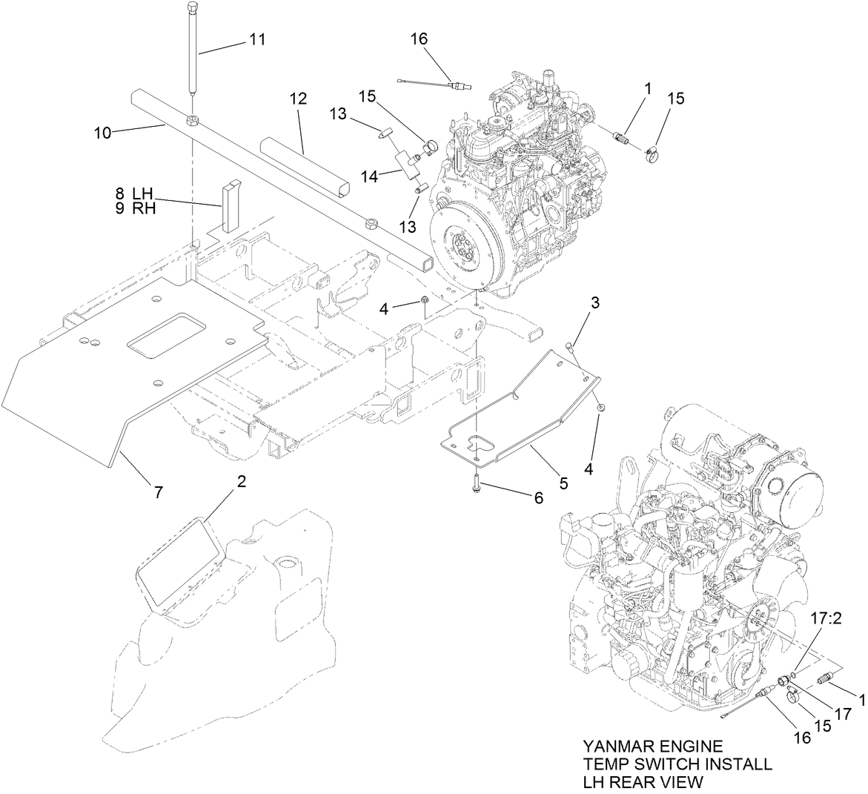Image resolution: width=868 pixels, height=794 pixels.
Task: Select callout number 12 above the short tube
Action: point(297,98)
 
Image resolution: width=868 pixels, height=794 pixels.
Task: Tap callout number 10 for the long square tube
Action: point(103,133)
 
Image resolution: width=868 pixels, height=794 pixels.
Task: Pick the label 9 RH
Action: point(135,208)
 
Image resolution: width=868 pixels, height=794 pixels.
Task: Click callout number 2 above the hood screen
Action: point(241,481)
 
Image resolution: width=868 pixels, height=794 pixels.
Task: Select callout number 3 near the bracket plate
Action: point(594,302)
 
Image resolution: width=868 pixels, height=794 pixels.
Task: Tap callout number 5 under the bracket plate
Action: point(563,483)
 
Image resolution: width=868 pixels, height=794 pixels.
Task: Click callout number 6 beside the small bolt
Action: point(537,497)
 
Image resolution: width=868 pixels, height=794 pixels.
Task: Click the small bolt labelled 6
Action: point(473,484)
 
